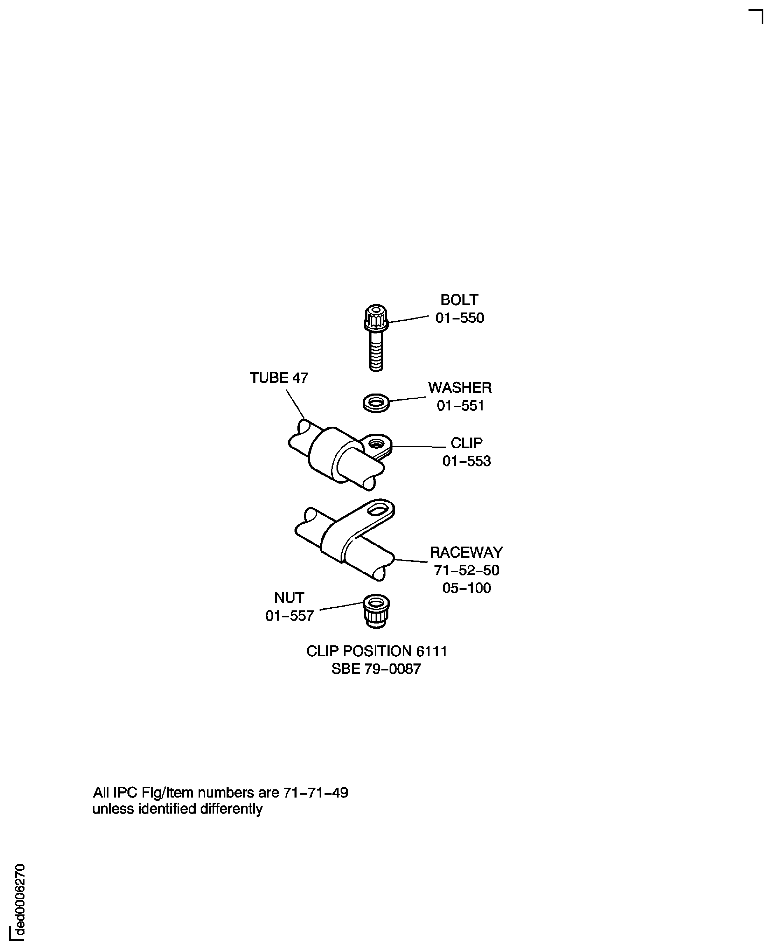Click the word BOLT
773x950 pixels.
click(x=459, y=300)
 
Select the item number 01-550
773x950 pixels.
click(x=460, y=318)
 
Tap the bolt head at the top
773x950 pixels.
click(x=376, y=317)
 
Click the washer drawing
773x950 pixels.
click(x=376, y=403)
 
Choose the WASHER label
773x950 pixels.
click(x=460, y=388)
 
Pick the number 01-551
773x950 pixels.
click(x=460, y=405)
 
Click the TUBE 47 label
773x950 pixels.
click(x=279, y=378)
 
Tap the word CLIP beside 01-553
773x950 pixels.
click(x=466, y=443)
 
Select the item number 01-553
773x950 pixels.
click(x=466, y=461)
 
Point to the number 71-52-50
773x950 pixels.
click(x=466, y=570)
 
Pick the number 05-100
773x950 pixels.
click(x=466, y=588)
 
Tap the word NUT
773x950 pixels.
click(x=289, y=598)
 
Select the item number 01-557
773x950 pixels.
click(x=290, y=616)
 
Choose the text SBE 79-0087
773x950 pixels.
click(x=376, y=669)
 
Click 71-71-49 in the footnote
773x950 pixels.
click(x=316, y=793)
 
